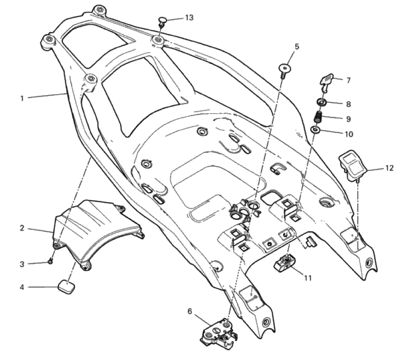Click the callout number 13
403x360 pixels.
(189, 18)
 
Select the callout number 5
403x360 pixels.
(297, 46)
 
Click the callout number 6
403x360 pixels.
(190, 311)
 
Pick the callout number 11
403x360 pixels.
(307, 278)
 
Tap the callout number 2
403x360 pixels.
(22, 228)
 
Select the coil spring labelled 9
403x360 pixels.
(319, 119)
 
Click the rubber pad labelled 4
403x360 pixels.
(66, 286)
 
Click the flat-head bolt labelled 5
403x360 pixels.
(284, 69)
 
